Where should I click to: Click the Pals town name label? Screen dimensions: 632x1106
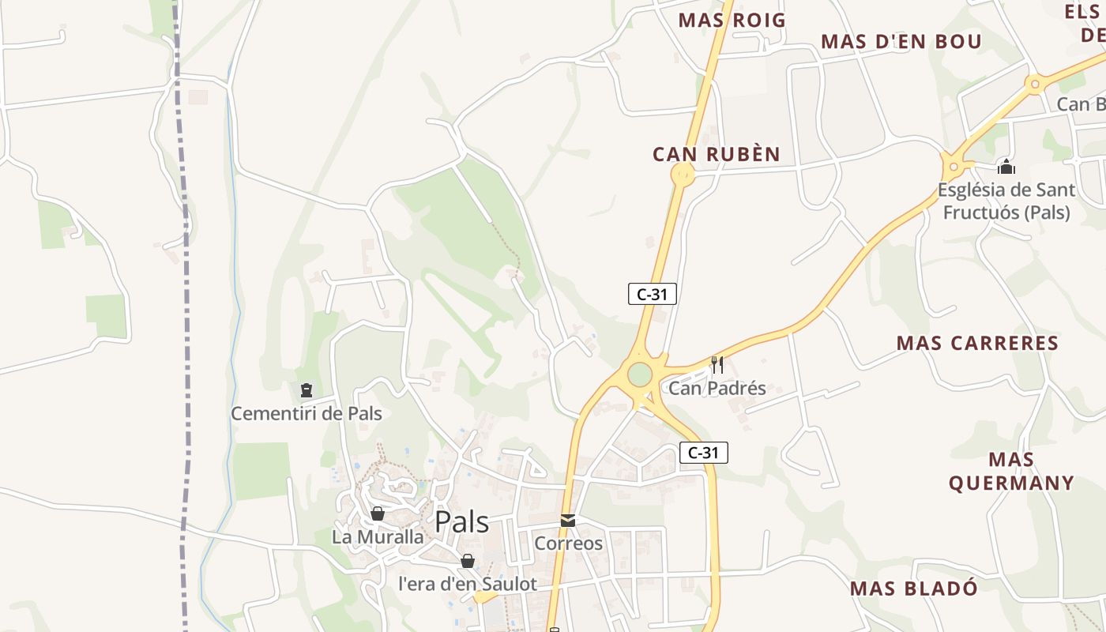coord(462,522)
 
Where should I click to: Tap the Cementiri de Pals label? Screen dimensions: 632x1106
coord(307,413)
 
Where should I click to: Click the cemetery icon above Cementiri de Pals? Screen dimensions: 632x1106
coord(307,389)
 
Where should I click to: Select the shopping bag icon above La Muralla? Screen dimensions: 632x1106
coord(378,513)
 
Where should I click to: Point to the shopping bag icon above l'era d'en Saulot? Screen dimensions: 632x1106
coord(468,561)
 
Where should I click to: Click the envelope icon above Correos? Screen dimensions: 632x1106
coord(568,520)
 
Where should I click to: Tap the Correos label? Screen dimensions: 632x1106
coord(568,544)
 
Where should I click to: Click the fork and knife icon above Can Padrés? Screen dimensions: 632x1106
coord(717,364)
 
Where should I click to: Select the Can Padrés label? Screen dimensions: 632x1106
coord(717,388)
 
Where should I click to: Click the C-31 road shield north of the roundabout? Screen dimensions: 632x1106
coord(653,294)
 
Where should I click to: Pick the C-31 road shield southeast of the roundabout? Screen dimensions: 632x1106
coord(703,453)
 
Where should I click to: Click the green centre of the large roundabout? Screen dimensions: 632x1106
coord(640,374)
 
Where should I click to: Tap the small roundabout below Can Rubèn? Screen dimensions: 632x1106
coord(683,175)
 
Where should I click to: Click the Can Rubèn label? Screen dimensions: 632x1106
coord(716,154)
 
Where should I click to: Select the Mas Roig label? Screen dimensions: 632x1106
coord(732,21)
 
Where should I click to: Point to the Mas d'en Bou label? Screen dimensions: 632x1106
coord(901,42)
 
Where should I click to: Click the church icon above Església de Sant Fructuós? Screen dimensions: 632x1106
coord(1006,167)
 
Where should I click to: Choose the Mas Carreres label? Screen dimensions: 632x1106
coord(977,343)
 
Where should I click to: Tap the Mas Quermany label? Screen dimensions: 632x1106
coord(1011,471)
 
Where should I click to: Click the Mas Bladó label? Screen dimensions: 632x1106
coord(914,589)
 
